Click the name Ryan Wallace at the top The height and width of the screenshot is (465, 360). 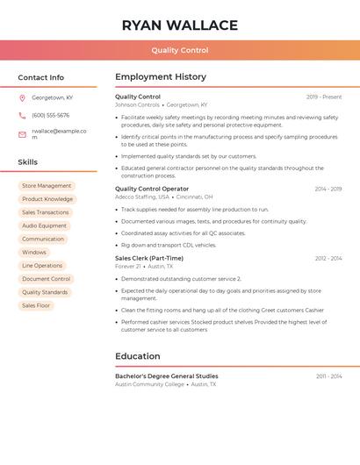click(x=180, y=25)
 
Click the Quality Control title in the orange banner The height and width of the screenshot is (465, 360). click(x=180, y=51)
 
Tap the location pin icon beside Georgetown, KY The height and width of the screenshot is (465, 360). click(x=22, y=97)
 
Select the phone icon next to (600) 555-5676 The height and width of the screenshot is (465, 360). click(x=22, y=115)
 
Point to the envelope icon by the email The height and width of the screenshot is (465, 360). click(x=22, y=134)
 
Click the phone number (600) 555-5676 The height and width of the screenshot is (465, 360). click(x=50, y=115)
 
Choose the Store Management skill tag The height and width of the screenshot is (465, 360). click(x=47, y=186)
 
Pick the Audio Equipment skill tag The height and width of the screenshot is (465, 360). click(x=44, y=225)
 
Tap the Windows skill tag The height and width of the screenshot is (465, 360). click(x=34, y=252)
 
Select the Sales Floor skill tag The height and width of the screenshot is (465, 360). click(x=36, y=305)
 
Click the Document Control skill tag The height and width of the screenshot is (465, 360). click(x=46, y=279)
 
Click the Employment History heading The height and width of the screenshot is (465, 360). click(x=161, y=77)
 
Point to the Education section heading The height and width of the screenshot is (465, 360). click(x=138, y=356)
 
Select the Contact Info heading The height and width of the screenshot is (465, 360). click(x=41, y=77)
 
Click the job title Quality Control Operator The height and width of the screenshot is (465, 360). click(x=152, y=189)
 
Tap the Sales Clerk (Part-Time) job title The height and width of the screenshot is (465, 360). click(x=149, y=258)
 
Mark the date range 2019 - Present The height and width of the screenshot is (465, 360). click(x=324, y=97)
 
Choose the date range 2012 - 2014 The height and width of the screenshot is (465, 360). click(x=328, y=258)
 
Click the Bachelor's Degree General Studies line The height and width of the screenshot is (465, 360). click(x=167, y=376)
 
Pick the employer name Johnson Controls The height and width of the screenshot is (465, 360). click(x=137, y=104)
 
